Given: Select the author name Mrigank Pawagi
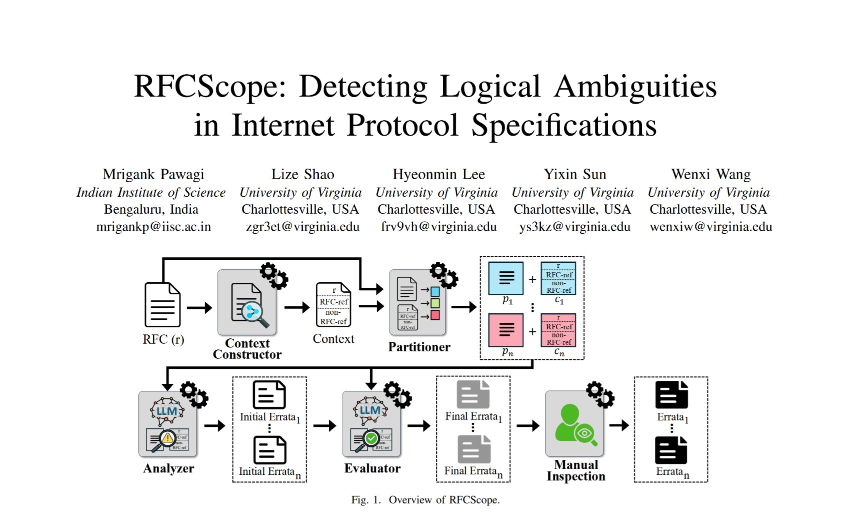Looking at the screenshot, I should tap(153, 174).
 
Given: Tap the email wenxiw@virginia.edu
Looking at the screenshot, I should tap(710, 227).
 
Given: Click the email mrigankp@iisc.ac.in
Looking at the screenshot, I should tap(153, 227).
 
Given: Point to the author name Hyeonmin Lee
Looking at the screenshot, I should tap(438, 174).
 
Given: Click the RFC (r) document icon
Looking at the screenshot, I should tap(162, 305).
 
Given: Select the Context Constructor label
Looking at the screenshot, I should tap(247, 349).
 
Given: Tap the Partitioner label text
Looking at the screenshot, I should tap(419, 347).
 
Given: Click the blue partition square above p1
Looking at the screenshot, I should tap(506, 278).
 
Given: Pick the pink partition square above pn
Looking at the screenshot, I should tap(506, 330).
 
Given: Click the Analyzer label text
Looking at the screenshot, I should tap(168, 468).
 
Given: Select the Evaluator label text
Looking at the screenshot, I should tap(372, 468).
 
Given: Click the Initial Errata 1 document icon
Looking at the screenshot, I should tap(269, 395).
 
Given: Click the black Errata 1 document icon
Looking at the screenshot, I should tap(671, 395).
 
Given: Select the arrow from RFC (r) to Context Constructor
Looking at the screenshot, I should tap(199, 308).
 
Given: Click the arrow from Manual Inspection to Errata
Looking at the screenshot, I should tap(618, 425).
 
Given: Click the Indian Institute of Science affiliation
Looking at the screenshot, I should tap(151, 193).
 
